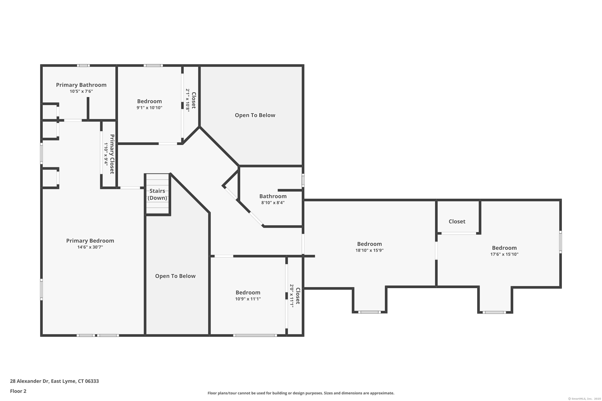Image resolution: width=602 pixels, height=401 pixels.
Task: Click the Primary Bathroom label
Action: coord(81,85)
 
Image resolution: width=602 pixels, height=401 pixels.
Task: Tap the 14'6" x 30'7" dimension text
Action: coord(90,247)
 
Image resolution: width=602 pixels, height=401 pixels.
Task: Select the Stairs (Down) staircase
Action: coord(157,194)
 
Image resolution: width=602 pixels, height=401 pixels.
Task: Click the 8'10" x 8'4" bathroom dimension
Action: coord(273,203)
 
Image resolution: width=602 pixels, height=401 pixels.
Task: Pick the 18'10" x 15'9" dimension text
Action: coord(369,250)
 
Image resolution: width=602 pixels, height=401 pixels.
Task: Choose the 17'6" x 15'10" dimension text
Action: coord(504,254)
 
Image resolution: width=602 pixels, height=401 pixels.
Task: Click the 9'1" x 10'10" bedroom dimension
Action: coord(149,108)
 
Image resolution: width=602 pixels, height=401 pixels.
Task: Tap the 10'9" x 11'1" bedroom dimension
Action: coord(248,299)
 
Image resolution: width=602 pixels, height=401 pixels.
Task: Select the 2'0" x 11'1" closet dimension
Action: coord(292,296)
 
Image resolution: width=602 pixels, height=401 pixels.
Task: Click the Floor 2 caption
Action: coord(18,391)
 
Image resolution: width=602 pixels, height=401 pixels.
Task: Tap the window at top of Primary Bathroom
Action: coord(83,66)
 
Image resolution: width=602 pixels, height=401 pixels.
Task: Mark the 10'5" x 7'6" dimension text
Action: coord(81,91)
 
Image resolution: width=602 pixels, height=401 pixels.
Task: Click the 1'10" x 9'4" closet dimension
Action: coord(106,154)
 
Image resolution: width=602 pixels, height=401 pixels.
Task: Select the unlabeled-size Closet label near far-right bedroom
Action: coord(457,222)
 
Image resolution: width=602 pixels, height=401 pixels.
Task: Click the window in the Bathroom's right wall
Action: coord(303,180)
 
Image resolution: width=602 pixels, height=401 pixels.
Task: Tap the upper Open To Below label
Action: coord(255,115)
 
